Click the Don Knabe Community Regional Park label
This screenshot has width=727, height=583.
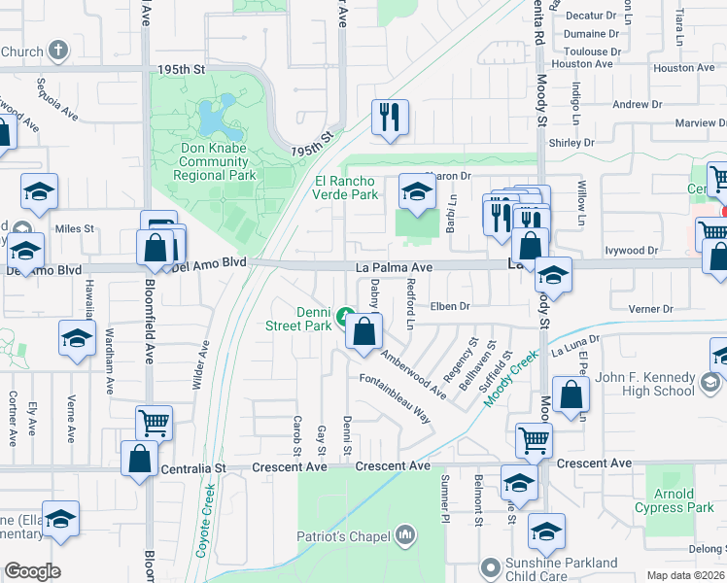coord(214,162)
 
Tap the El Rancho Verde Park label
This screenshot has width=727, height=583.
coord(346,188)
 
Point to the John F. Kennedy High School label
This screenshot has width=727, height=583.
coord(644,384)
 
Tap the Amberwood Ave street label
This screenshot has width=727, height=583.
coord(414,373)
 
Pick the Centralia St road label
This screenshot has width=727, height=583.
coord(191,467)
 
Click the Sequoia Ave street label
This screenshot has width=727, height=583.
coord(56,99)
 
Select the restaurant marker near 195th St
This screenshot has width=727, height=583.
coord(390,118)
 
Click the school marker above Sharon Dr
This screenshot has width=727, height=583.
coord(416,190)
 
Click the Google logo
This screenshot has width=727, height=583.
coord(32,571)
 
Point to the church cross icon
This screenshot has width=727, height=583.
coord(58,51)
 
